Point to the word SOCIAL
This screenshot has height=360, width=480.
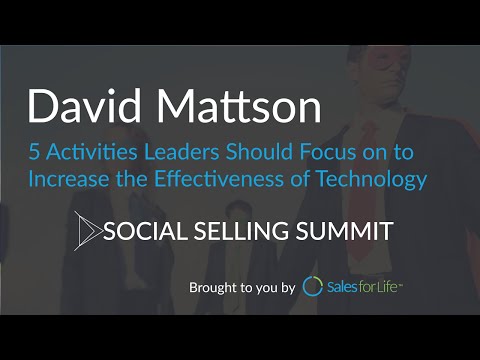tap(147, 232)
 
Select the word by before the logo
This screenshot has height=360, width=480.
tap(287, 288)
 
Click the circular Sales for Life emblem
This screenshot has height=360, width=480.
tap(313, 287)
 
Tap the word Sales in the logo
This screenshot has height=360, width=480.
tap(346, 287)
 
